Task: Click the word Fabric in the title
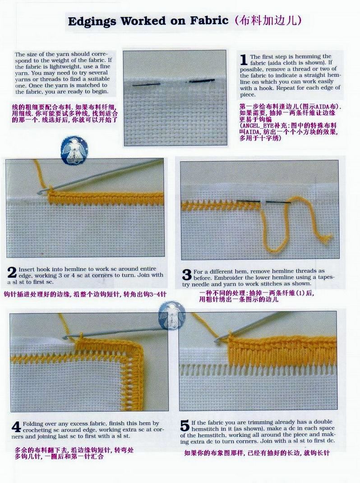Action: coord(209,21)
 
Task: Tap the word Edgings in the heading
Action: coord(92,22)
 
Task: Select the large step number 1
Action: coord(244,60)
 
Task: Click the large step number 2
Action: coord(12,273)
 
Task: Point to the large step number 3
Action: coord(187,275)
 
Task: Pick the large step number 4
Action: coord(16,427)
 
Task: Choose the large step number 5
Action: coord(185,426)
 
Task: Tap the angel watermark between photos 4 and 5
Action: coord(172,315)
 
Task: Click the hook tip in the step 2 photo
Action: coord(39,193)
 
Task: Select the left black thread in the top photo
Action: coord(146,84)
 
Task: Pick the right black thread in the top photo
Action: coord(202,81)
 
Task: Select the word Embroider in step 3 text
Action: coord(227,278)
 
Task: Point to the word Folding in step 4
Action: coord(33,423)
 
